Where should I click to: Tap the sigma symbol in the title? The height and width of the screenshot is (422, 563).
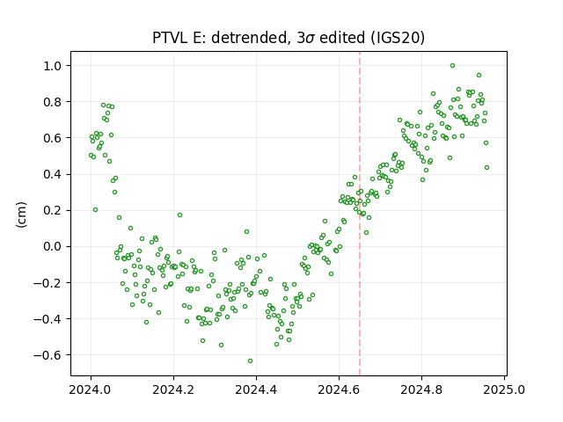(x=311, y=39)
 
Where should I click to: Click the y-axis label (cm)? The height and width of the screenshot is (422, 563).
(x=21, y=215)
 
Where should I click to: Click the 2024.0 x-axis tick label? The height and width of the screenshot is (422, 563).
(x=91, y=389)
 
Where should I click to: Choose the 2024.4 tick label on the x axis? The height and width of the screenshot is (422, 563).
(x=256, y=389)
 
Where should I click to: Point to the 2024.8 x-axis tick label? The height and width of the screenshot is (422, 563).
(x=421, y=389)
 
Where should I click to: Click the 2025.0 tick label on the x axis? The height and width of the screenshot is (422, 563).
(x=504, y=389)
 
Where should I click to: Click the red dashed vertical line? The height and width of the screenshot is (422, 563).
(x=360, y=214)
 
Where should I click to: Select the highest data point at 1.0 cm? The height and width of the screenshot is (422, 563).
(x=452, y=66)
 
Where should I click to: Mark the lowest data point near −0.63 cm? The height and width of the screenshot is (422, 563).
(x=250, y=361)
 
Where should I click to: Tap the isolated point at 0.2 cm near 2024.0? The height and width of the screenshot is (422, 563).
(x=95, y=210)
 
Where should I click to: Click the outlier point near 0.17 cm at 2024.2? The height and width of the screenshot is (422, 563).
(x=179, y=215)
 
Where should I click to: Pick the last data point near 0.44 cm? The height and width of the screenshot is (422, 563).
(x=486, y=168)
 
